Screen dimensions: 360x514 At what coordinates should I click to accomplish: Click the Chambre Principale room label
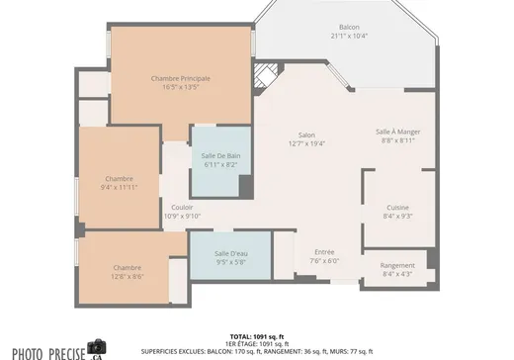180,78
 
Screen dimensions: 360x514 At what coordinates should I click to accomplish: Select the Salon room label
306,135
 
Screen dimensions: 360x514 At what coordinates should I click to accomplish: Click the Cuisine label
397,207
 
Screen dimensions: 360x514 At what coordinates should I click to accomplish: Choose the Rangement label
397,265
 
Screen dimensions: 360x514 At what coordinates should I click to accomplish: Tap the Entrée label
324,252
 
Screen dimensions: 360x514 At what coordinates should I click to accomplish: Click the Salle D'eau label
231,254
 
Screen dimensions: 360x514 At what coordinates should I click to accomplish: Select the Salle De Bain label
220,156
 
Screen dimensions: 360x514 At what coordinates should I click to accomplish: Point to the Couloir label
182,208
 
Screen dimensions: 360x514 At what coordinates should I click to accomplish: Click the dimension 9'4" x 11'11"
119,187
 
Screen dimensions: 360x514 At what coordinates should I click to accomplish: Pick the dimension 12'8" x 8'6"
127,276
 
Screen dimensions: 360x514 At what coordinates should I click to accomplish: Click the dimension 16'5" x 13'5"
180,87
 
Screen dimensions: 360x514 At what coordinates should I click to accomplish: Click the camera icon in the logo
97,347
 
